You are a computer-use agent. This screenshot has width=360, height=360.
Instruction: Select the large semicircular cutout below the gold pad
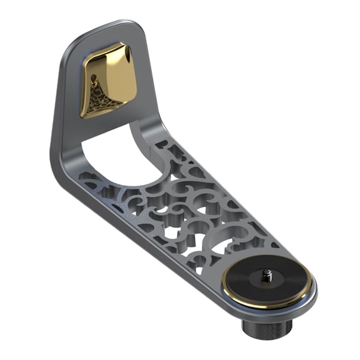click(119, 156)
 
